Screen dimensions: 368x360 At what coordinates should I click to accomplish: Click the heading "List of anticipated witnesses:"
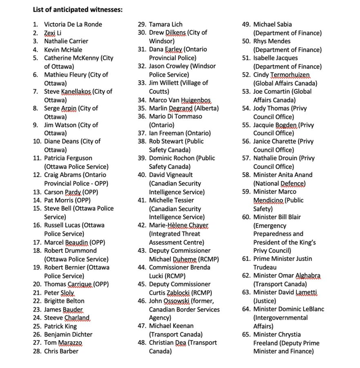[x=74, y=9]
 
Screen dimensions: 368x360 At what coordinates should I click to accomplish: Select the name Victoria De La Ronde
[x=73, y=24]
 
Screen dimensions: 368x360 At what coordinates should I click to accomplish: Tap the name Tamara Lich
[x=166, y=24]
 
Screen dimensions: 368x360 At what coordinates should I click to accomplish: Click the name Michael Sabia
[x=273, y=24]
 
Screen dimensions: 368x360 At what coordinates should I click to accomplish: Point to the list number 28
[x=37, y=351]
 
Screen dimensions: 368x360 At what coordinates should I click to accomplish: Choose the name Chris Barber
[x=61, y=351]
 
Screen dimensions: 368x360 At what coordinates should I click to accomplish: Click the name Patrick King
[x=60, y=326]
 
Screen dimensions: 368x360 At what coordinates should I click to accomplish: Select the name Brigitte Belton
[x=64, y=301]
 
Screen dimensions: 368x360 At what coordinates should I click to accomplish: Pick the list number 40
[x=142, y=175]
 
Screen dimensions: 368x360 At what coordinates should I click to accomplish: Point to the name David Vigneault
[x=172, y=175]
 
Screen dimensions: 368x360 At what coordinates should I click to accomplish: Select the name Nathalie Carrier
[x=66, y=41]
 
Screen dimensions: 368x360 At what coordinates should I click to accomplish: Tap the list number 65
[x=246, y=335]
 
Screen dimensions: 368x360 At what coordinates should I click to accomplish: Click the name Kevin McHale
[x=63, y=49]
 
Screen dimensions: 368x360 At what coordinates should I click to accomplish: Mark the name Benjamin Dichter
[x=68, y=335]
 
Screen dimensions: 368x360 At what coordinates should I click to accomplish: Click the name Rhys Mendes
[x=273, y=41]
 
